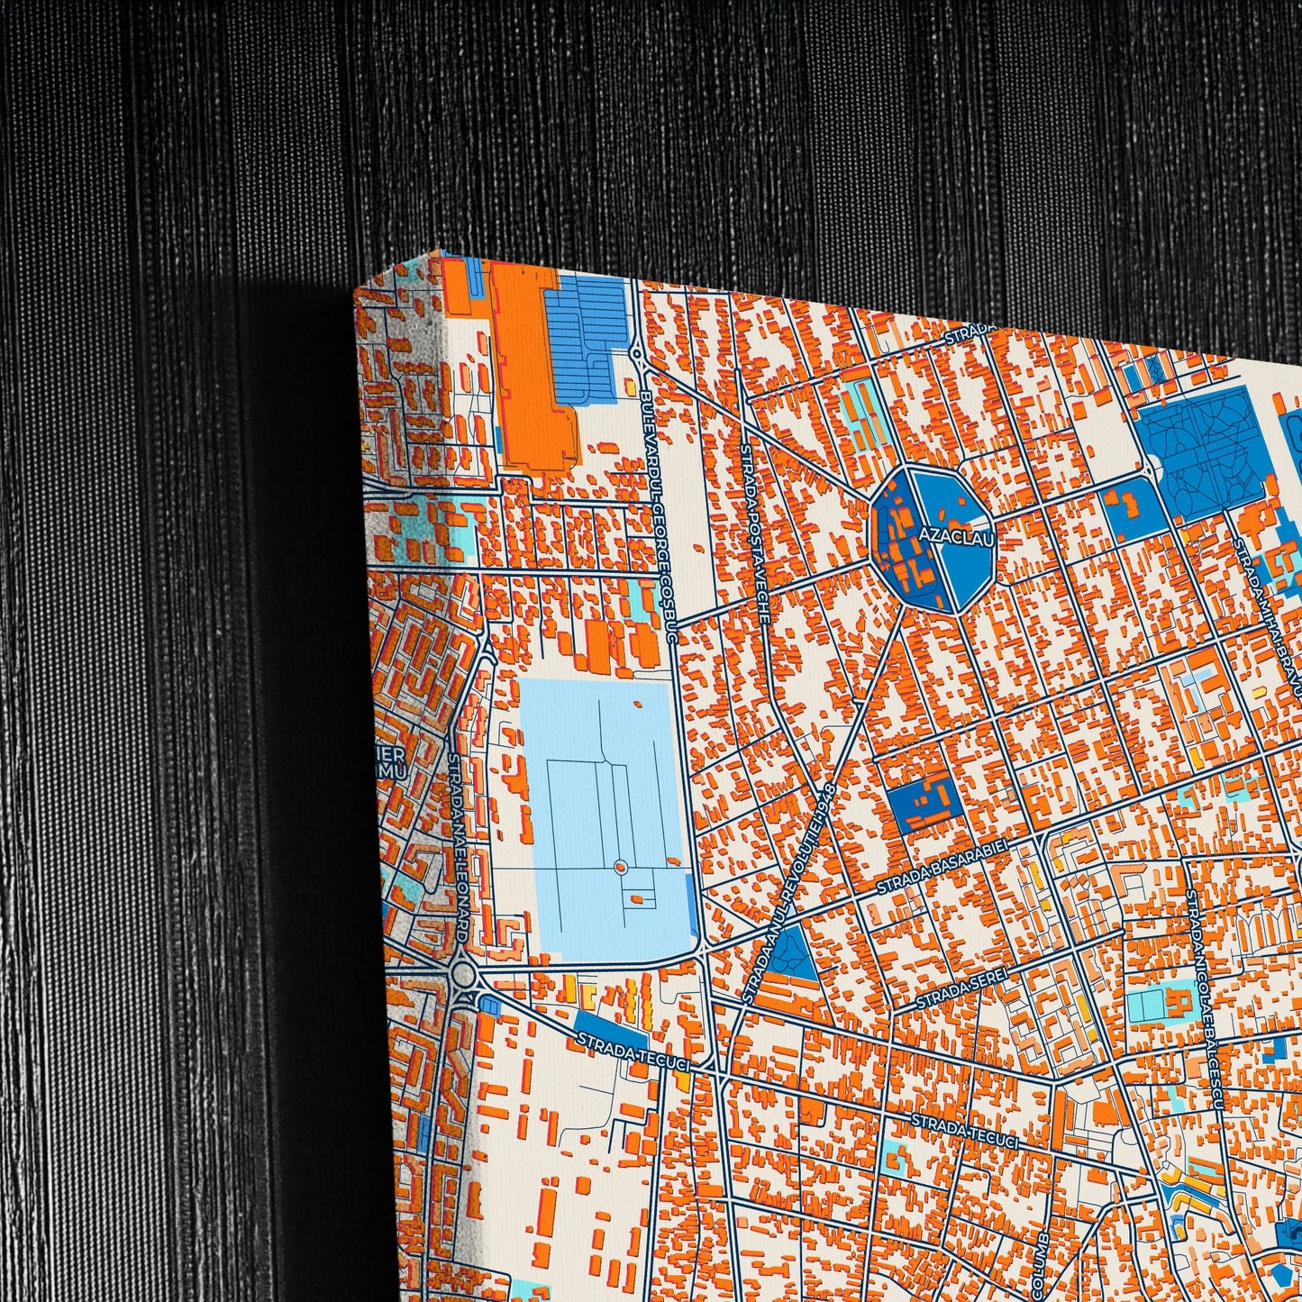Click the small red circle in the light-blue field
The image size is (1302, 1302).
click(x=619, y=867)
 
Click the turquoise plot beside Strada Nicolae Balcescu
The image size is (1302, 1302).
click(x=1144, y=1005)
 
